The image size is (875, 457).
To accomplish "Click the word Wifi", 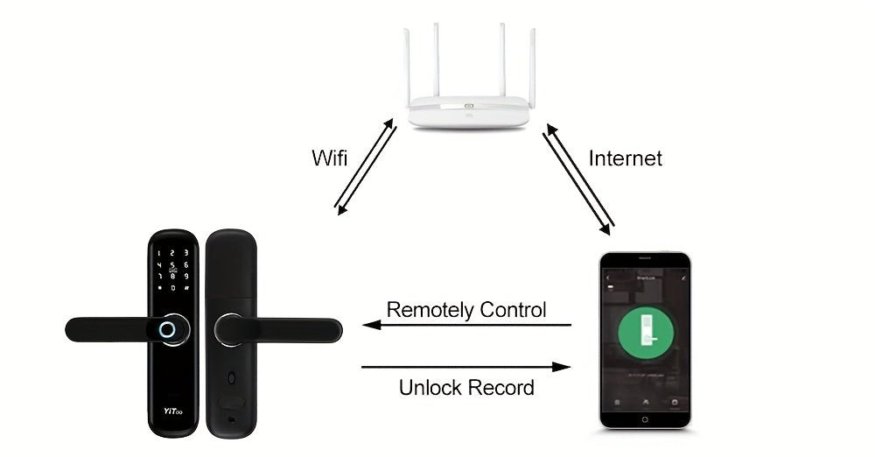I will click(x=329, y=158).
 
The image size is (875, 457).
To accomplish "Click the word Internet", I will click(x=625, y=158).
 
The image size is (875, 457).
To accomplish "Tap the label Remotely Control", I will click(x=466, y=309).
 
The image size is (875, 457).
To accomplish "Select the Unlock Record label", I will click(x=466, y=387).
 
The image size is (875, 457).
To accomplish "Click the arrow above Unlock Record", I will click(x=466, y=367).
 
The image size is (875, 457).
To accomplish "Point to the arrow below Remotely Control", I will click(x=466, y=325).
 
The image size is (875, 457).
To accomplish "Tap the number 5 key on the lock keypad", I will click(x=173, y=264).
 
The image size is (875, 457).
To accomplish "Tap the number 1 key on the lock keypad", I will click(x=159, y=252).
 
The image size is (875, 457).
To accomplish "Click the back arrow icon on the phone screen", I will click(x=609, y=277).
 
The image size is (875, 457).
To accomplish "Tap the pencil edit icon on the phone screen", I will click(x=682, y=277).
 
